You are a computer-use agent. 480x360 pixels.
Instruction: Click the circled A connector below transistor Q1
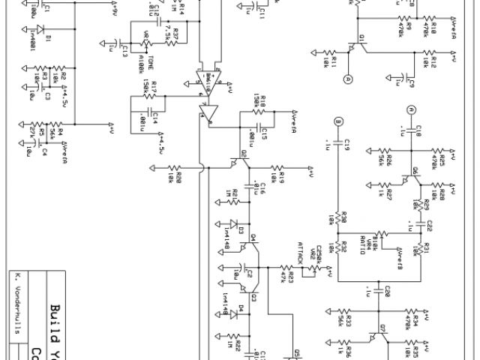coord(348,78)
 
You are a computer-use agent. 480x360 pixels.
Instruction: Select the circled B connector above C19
coord(338,121)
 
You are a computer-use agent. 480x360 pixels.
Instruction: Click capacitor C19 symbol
coord(338,140)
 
